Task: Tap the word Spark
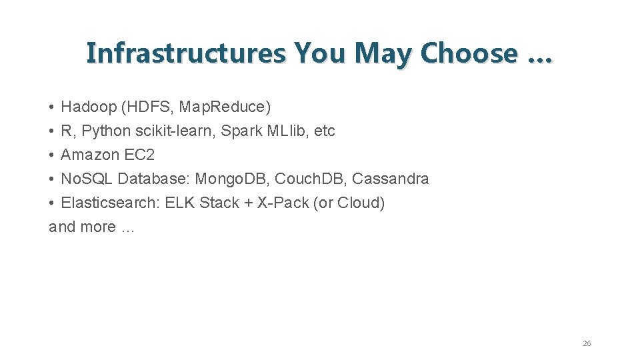tap(241, 131)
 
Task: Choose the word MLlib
tap(287, 131)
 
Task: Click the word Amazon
tap(90, 155)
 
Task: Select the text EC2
tap(139, 155)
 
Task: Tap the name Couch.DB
tap(311, 179)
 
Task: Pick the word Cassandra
tap(391, 179)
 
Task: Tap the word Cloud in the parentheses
tap(359, 203)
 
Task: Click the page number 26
tap(587, 343)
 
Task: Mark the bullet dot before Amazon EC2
tap(51, 155)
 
